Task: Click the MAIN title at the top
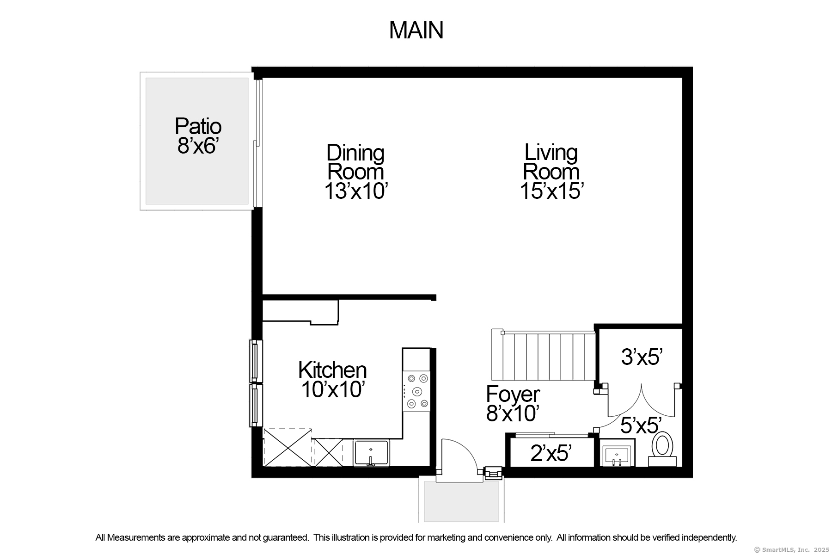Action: point(416,31)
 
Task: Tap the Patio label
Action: point(198,126)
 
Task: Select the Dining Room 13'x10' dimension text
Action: point(355,191)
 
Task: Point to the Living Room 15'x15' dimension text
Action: point(551,191)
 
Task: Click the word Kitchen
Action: point(332,370)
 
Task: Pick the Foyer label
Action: point(513,395)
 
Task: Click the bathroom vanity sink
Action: point(617,452)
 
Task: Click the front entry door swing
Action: point(458,458)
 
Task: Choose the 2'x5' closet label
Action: point(551,453)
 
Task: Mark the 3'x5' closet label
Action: point(642,357)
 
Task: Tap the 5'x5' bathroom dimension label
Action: point(641,425)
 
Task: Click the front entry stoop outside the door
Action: point(461,501)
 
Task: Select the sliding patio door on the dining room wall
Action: point(258,143)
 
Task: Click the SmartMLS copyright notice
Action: point(791,550)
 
